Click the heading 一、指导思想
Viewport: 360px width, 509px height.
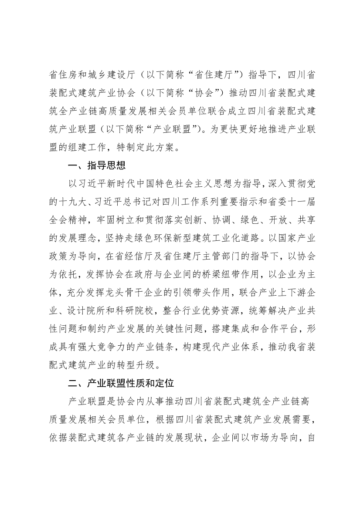click(x=97, y=165)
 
